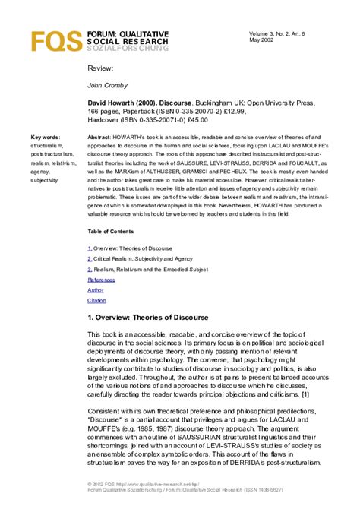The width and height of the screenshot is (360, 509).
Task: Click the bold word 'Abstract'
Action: [x=101, y=138]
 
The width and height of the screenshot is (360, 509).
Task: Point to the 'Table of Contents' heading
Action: [x=114, y=230]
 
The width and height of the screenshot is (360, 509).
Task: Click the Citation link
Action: [x=97, y=301]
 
